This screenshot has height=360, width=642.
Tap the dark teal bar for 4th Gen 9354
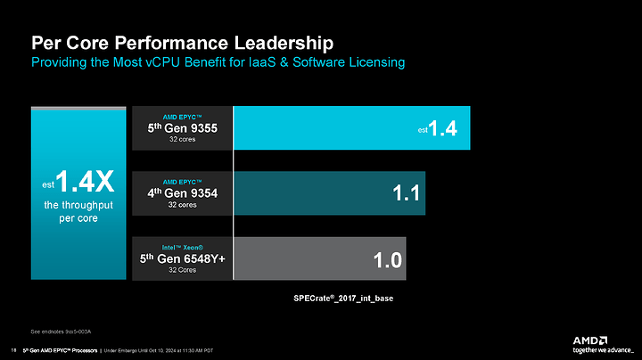(329, 193)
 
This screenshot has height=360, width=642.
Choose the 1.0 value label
(387, 260)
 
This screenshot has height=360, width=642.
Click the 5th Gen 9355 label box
(182, 128)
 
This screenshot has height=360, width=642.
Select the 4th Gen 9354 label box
(182, 193)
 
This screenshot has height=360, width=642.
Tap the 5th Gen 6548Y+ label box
(182, 259)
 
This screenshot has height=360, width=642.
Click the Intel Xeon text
(183, 246)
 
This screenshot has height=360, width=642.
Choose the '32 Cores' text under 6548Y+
(182, 271)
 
